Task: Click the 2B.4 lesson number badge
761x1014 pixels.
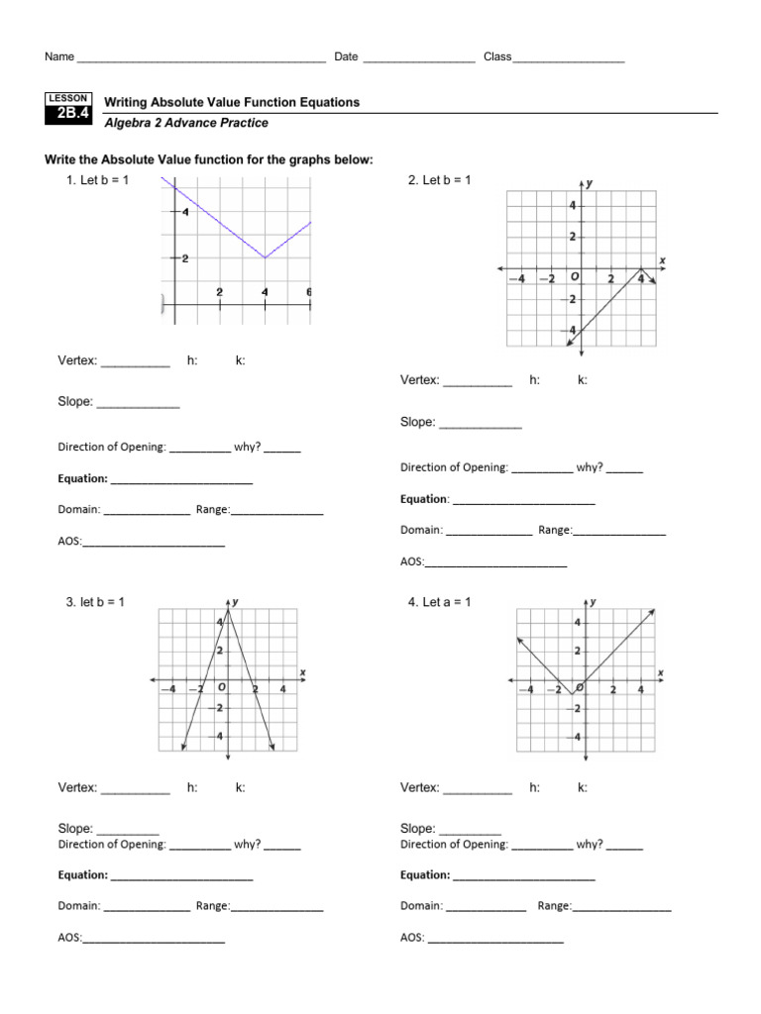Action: (68, 114)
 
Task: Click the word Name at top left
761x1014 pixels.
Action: (59, 57)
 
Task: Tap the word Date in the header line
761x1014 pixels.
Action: (346, 57)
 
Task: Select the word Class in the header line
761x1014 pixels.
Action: (497, 57)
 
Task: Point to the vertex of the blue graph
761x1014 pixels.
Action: (265, 257)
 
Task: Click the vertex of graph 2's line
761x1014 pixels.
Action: (641, 269)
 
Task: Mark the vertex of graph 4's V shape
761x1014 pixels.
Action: (573, 694)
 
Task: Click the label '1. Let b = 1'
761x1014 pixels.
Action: (97, 180)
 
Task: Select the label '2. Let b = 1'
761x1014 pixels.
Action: (439, 180)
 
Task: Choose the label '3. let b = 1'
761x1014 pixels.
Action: (95, 602)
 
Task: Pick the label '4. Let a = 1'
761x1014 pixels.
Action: (439, 602)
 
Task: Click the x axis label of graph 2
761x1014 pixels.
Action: (662, 259)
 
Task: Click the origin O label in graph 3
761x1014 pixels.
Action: (221, 685)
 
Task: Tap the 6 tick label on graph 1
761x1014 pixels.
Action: (309, 292)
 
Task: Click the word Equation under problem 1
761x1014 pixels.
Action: (83, 479)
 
